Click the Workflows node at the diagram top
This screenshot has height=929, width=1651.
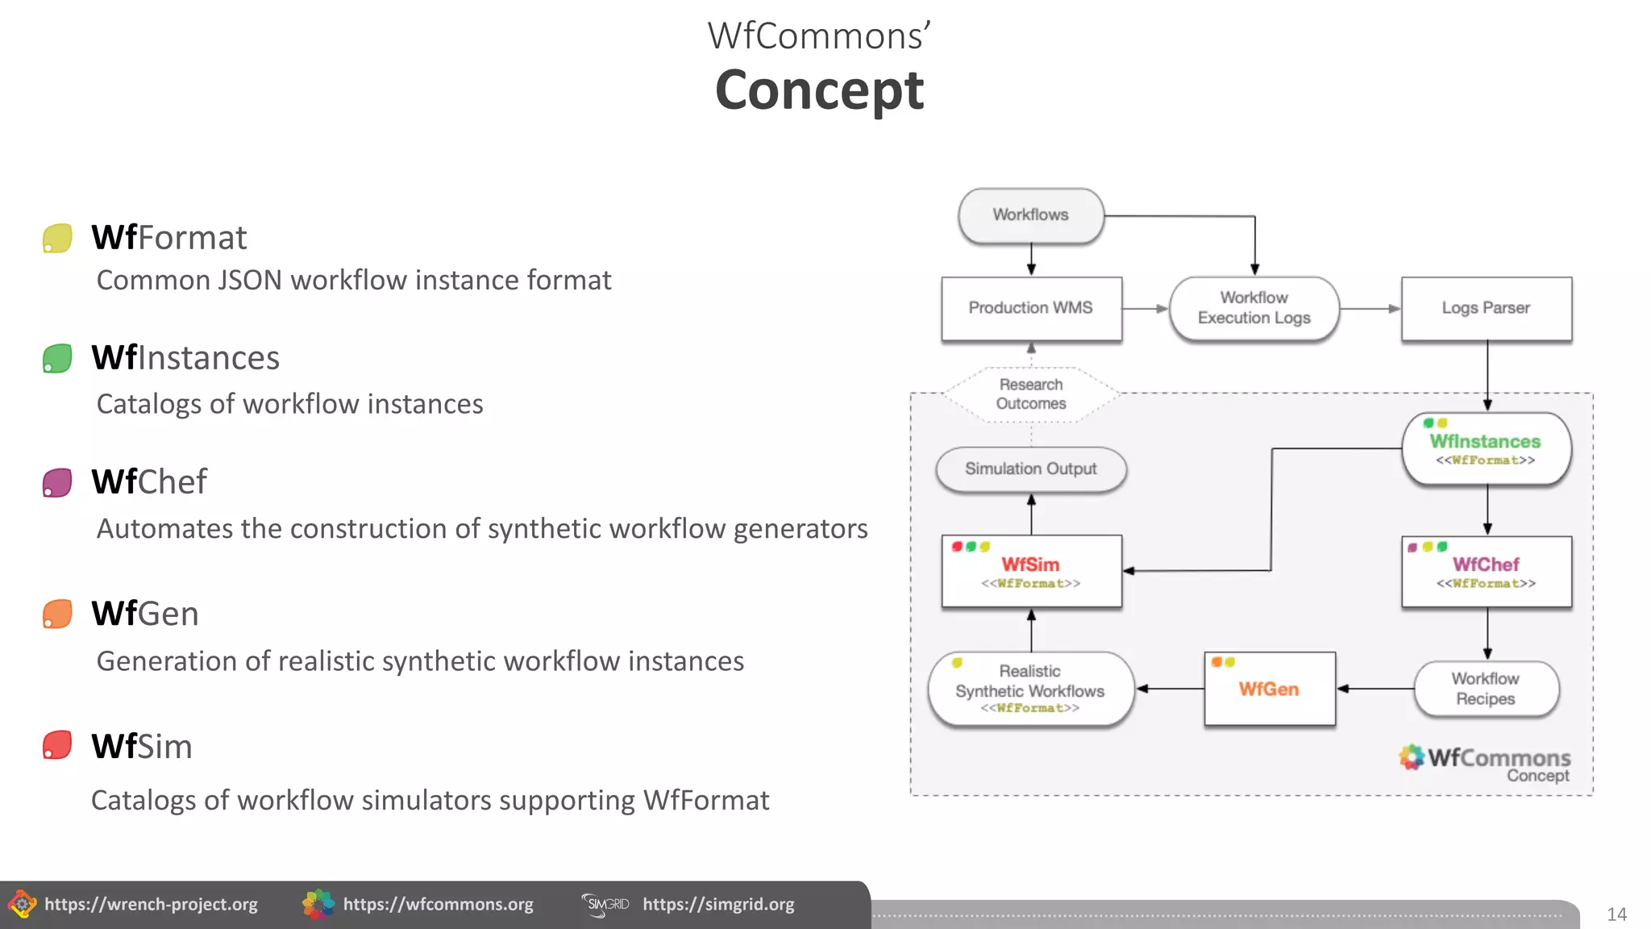tap(1030, 215)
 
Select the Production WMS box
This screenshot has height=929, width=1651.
tap(1031, 308)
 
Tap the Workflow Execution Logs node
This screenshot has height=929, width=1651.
tap(1254, 308)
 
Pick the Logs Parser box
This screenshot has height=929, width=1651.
tap(1486, 308)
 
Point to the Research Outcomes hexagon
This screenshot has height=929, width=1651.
tap(1031, 394)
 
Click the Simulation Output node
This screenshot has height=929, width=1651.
tap(1031, 469)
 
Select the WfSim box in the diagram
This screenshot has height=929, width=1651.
tap(1031, 571)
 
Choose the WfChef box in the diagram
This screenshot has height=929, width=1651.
tap(1486, 571)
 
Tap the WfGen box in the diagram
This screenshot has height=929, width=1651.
tap(1269, 689)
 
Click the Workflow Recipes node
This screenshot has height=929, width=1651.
tap(1486, 689)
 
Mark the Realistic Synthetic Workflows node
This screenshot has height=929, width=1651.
tap(1030, 689)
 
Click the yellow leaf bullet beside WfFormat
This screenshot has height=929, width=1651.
tap(57, 239)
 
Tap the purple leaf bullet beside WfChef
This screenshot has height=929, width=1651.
tap(57, 483)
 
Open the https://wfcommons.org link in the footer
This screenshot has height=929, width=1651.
tap(438, 905)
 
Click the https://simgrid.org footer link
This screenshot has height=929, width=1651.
tap(718, 905)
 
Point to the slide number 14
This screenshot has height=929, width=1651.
tap(1616, 914)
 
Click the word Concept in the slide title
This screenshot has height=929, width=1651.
tap(819, 90)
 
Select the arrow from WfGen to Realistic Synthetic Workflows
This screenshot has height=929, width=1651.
tap(1170, 689)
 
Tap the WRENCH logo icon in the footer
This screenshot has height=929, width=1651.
tap(22, 904)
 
